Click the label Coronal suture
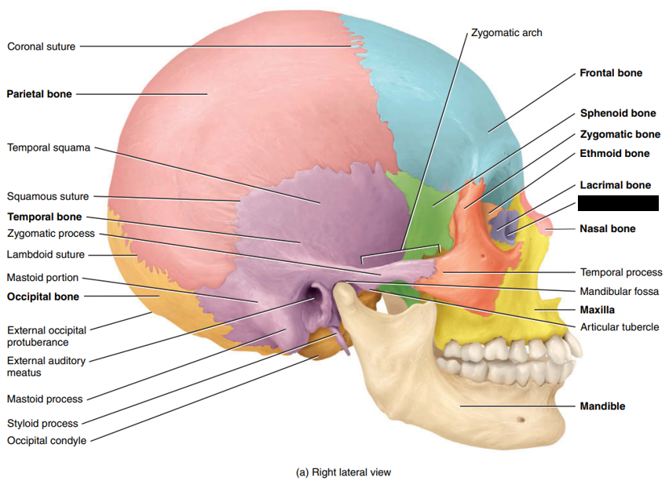[42, 46]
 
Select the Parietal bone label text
[39, 94]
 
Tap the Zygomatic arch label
[506, 33]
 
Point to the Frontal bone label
[611, 73]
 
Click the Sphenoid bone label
[618, 113]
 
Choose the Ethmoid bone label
[615, 153]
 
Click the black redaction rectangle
[618, 203]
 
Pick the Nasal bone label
[608, 229]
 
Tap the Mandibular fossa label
[620, 291]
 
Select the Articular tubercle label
[620, 327]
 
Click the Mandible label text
[602, 406]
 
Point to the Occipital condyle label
[47, 440]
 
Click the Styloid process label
[42, 424]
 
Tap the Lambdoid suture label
[46, 254]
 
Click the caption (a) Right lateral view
[343, 472]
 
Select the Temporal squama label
[49, 147]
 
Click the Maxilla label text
[599, 309]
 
